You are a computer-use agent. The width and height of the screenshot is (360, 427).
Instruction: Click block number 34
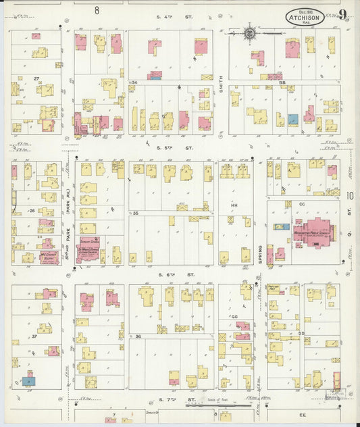(x=135, y=82)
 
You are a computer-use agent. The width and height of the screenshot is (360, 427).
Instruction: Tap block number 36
(x=137, y=336)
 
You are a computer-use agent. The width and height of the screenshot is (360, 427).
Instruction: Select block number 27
(x=28, y=79)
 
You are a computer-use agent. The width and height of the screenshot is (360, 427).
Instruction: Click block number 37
(x=33, y=336)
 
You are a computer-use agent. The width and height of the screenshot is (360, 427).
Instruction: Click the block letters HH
(x=234, y=205)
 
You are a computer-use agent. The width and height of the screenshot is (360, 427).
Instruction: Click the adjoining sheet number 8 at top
(x=97, y=9)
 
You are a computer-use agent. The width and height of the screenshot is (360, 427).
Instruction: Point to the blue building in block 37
(x=28, y=381)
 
